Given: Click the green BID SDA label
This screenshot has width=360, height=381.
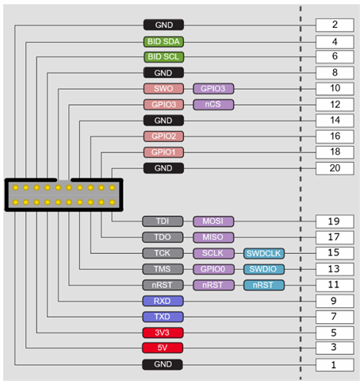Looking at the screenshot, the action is [x=163, y=42].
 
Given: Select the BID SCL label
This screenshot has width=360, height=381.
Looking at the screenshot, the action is [x=163, y=57].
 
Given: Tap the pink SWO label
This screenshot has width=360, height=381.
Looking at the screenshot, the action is [x=163, y=89].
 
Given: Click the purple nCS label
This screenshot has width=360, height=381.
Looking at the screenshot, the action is [x=213, y=105].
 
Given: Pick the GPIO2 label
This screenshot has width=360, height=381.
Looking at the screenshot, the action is [x=163, y=137].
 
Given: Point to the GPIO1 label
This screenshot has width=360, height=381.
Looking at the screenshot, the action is [x=163, y=152].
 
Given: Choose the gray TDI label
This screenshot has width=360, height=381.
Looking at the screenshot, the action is [x=163, y=221].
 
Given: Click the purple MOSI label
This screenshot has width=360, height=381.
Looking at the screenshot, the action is [x=213, y=221].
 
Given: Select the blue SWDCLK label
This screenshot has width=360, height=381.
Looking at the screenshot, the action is [x=264, y=253].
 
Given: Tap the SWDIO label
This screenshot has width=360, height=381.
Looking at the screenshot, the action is [x=264, y=269].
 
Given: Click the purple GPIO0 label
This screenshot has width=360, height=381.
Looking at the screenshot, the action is [x=213, y=269].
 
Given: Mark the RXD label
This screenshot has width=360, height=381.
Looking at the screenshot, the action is [x=163, y=301].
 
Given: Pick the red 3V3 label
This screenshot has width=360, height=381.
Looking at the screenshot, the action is [x=163, y=333].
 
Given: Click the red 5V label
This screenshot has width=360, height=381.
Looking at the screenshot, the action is [x=163, y=348].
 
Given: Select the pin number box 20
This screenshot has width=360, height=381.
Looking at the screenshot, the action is [x=335, y=168].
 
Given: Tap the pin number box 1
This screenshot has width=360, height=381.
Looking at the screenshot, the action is [x=335, y=365].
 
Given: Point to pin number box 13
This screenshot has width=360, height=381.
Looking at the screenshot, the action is [x=335, y=269].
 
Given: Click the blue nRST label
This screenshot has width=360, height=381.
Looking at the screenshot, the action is [x=264, y=285].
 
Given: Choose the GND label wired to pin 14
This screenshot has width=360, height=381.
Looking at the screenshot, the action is [x=163, y=121].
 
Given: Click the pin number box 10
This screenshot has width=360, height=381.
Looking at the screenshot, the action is [x=335, y=89].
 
